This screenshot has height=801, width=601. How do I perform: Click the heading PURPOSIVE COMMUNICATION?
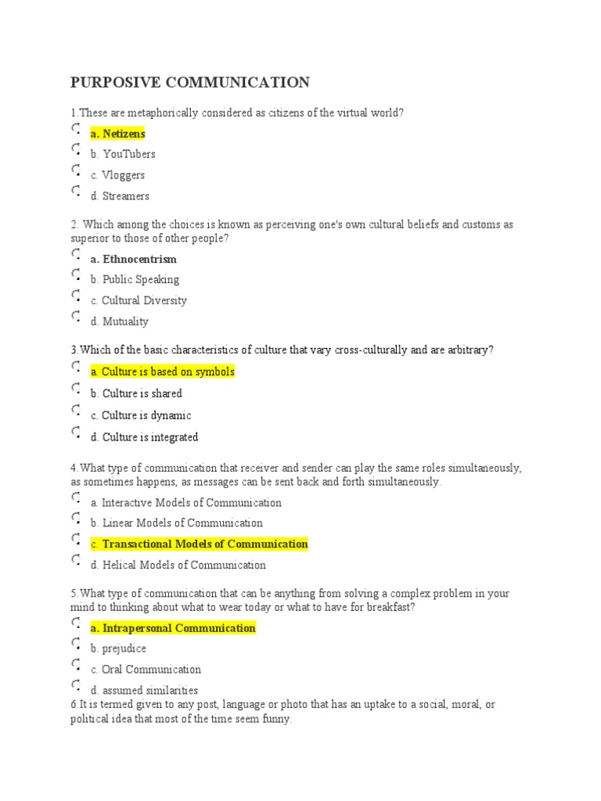[x=190, y=83]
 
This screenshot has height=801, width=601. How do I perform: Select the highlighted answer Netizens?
[x=117, y=134]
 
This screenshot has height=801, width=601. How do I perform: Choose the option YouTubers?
[x=123, y=154]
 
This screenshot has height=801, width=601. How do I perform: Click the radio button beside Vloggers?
[x=76, y=170]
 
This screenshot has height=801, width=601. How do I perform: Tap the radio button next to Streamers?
[x=76, y=191]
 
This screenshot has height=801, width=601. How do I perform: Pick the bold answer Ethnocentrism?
[x=133, y=259]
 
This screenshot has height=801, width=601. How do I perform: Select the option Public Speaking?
[x=135, y=279]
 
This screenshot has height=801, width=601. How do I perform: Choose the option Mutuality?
[x=119, y=321]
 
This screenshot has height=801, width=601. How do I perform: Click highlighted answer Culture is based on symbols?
[x=162, y=372]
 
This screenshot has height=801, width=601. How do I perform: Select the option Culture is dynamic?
[x=141, y=415]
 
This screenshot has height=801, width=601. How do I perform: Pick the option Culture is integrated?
[x=144, y=437]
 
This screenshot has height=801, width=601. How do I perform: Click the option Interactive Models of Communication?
[x=185, y=503]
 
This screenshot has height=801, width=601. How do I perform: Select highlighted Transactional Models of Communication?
[x=199, y=544]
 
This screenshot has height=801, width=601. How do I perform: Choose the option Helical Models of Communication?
[x=178, y=565]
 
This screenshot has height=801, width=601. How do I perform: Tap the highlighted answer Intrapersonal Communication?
[x=173, y=628]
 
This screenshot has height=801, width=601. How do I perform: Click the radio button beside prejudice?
[x=76, y=644]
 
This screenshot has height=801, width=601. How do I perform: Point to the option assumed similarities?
[x=144, y=691]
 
